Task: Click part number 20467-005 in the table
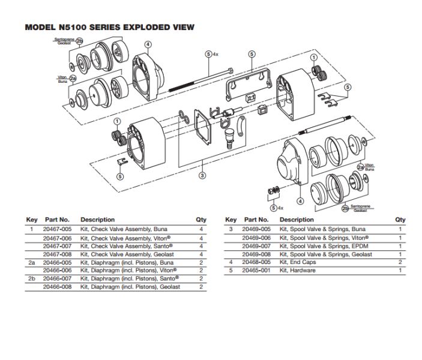58,229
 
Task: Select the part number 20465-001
256,271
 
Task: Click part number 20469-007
256,246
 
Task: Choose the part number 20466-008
58,287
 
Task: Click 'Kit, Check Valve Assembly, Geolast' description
124,254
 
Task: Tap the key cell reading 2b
32,279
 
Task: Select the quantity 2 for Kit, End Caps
400,262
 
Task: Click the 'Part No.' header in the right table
255,220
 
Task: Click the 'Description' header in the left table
97,220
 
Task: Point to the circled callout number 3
202,175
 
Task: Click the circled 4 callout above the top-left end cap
148,44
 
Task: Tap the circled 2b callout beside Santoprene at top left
79,40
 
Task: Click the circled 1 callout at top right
313,58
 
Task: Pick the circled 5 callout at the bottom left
120,176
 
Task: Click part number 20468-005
256,262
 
